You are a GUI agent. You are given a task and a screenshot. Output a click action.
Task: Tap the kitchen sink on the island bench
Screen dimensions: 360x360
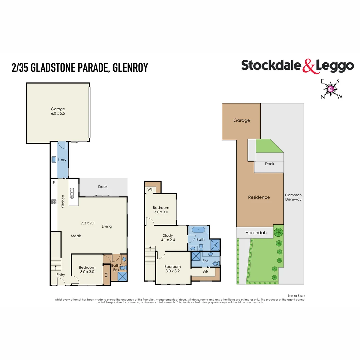(72, 192)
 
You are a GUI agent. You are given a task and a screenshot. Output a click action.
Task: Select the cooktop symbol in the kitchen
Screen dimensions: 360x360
(53, 202)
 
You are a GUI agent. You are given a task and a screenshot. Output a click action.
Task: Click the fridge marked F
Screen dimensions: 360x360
(53, 183)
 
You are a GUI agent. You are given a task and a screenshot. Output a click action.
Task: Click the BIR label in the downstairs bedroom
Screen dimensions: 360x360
(107, 275)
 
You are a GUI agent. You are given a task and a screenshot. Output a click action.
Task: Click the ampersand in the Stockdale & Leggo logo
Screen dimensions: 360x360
(308, 66)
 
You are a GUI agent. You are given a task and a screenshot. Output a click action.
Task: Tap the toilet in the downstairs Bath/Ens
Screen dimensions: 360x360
(122, 267)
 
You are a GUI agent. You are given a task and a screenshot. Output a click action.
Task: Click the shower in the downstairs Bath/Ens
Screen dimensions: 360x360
(122, 276)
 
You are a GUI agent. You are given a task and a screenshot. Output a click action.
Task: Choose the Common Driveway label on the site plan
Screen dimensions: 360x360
(293, 197)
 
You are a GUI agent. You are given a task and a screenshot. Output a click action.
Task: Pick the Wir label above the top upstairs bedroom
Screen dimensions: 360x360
(149, 190)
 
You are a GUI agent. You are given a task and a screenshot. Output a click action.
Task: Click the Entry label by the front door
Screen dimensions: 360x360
(61, 275)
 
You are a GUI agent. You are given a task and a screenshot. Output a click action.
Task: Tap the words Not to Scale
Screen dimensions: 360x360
(296, 296)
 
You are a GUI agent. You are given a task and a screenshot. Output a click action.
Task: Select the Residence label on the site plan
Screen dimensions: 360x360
(259, 197)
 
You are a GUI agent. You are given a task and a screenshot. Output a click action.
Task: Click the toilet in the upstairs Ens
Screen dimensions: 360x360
(215, 263)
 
